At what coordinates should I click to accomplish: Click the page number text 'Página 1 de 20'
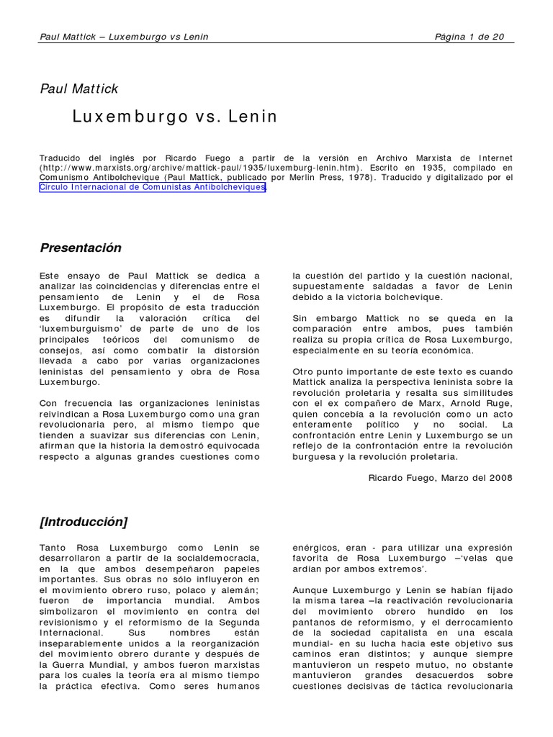[x=469, y=37]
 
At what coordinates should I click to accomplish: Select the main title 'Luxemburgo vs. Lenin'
[x=174, y=117]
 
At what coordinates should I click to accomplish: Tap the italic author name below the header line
[x=78, y=89]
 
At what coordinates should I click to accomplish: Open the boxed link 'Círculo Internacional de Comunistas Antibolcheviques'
[x=153, y=187]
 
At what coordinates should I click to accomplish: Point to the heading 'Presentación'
[x=81, y=248]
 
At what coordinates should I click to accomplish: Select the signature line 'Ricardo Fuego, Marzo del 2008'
[x=441, y=478]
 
